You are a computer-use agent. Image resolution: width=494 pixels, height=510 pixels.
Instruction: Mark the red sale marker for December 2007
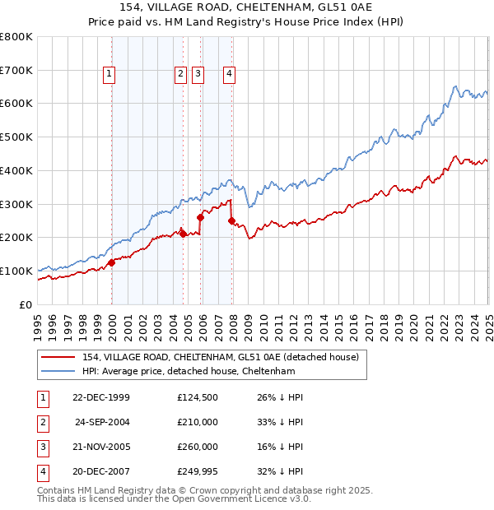click(232, 220)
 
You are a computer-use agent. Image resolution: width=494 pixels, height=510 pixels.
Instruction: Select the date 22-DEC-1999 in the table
click(101, 397)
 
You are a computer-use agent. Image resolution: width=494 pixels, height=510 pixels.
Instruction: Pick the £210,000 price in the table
click(198, 422)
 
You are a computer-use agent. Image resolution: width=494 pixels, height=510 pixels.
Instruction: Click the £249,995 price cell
click(198, 471)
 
